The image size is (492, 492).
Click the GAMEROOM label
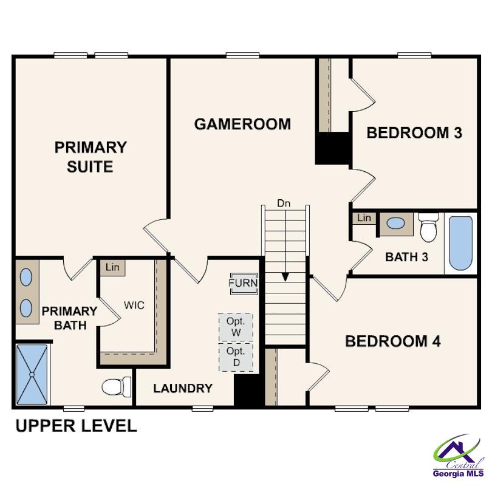pos(242,124)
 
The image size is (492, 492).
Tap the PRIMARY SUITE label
pos(91,157)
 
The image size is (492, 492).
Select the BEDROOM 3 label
pos(414,133)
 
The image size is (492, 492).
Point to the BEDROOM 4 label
pos(392,341)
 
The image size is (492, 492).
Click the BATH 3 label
pos(406,257)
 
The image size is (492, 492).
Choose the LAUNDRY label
pos(182,388)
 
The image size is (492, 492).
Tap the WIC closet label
pos(134,305)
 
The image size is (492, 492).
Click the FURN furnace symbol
pos(244,283)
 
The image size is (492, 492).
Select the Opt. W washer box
pos(236,328)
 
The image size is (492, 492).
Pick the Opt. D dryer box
pos(236,357)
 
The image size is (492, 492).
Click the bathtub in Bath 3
pos(460,243)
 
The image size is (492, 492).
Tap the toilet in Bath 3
pos(428,227)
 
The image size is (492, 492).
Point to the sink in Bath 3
pos(396,224)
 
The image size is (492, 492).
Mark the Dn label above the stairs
pos(284,203)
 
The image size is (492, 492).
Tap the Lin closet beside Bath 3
pos(364,218)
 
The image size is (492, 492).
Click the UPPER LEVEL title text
pos(76,426)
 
